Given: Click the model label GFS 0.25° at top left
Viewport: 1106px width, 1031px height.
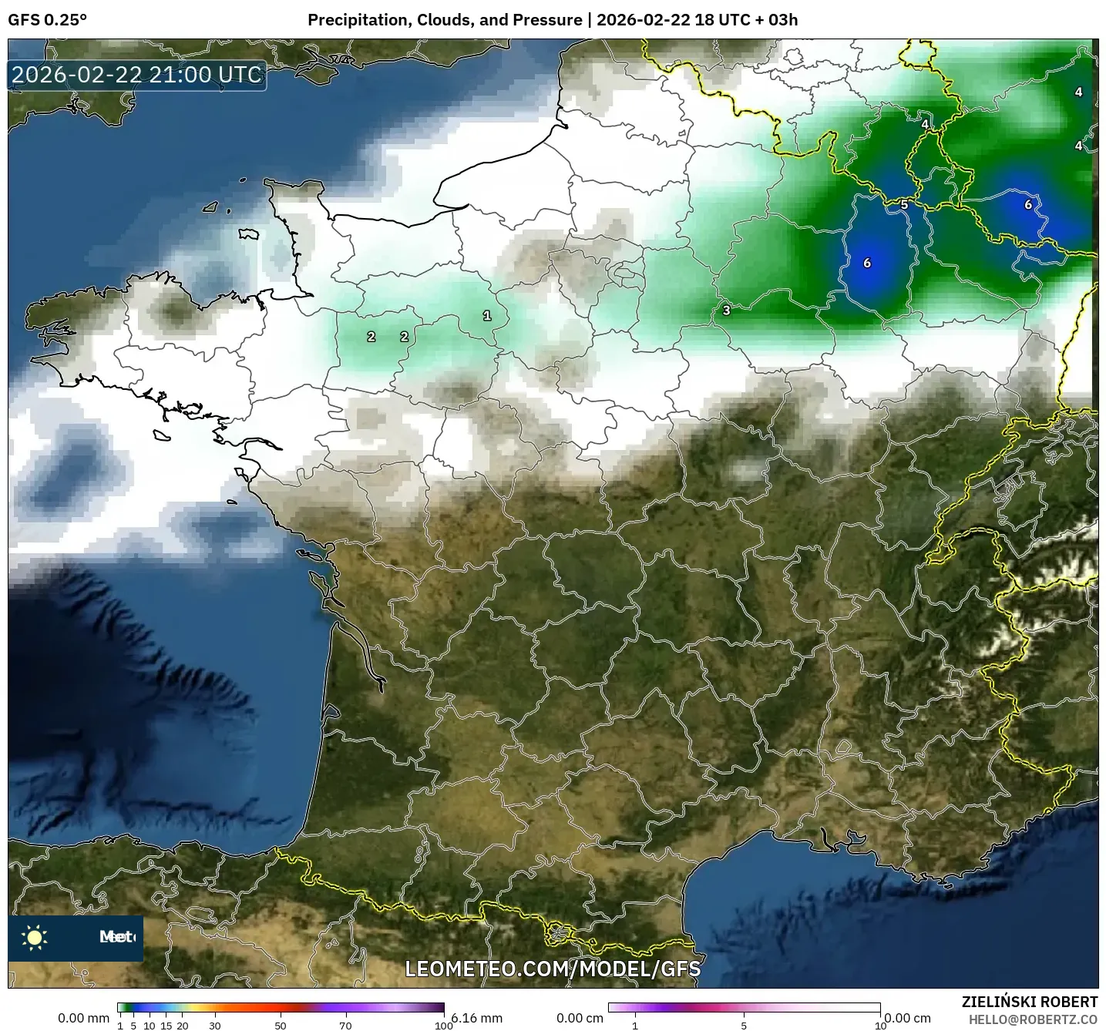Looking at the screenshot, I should click(x=47, y=20).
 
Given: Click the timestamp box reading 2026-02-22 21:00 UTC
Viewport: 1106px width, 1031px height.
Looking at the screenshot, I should click(x=137, y=75).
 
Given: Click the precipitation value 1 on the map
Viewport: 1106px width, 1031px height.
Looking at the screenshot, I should click(x=486, y=315).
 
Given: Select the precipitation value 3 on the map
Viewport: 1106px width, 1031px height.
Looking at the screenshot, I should click(x=726, y=311).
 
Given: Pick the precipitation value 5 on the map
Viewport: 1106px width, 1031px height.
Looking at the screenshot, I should click(x=904, y=205).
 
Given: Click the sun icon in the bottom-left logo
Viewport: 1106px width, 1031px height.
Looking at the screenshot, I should click(x=35, y=937).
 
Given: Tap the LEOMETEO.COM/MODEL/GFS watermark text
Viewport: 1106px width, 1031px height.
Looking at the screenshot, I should click(x=553, y=969).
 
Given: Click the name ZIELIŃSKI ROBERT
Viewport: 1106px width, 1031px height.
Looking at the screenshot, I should click(x=1030, y=1002).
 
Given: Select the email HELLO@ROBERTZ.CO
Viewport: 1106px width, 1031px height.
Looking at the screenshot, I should click(x=1033, y=1019).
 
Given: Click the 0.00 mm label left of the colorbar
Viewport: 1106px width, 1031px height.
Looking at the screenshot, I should click(x=83, y=1018).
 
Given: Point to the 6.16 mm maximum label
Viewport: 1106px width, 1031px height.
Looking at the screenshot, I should click(x=477, y=1018).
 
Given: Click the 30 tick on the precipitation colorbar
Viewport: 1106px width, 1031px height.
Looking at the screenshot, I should click(x=215, y=1026).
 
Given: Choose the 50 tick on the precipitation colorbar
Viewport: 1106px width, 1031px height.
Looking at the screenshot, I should click(x=281, y=1026).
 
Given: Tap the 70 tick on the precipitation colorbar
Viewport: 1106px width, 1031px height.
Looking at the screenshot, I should click(x=345, y=1026).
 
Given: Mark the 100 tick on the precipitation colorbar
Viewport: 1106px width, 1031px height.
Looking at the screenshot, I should click(x=443, y=1026).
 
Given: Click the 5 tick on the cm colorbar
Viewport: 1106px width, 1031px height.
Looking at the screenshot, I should click(x=744, y=1026).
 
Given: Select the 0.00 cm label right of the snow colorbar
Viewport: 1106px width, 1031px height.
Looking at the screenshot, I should click(x=908, y=1018).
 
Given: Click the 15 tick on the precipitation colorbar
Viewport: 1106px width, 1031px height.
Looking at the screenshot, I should click(x=166, y=1026).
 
